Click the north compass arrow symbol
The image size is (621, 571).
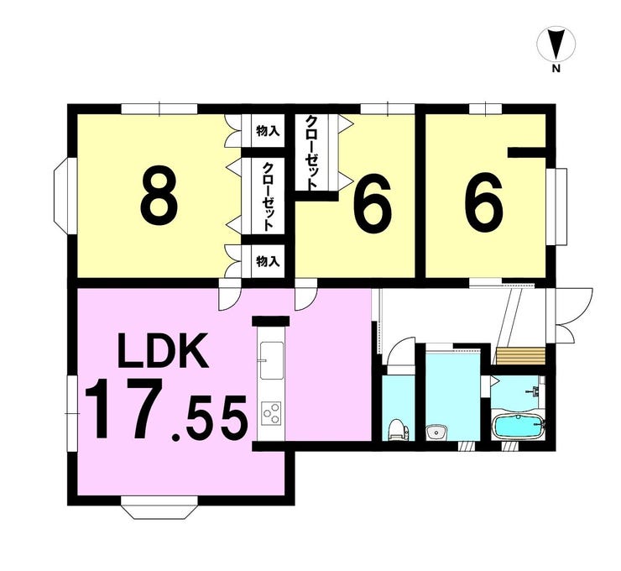(x=555, y=43)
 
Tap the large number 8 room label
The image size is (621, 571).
(x=159, y=194)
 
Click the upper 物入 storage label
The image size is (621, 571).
(x=267, y=132)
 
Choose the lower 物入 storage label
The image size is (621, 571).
(x=267, y=261)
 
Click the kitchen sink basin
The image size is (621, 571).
(x=272, y=362)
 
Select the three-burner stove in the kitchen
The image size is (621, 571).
(x=272, y=414)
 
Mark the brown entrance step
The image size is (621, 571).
(x=520, y=353)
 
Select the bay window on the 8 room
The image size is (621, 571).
(x=62, y=194)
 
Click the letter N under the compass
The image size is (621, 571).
(x=555, y=69)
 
